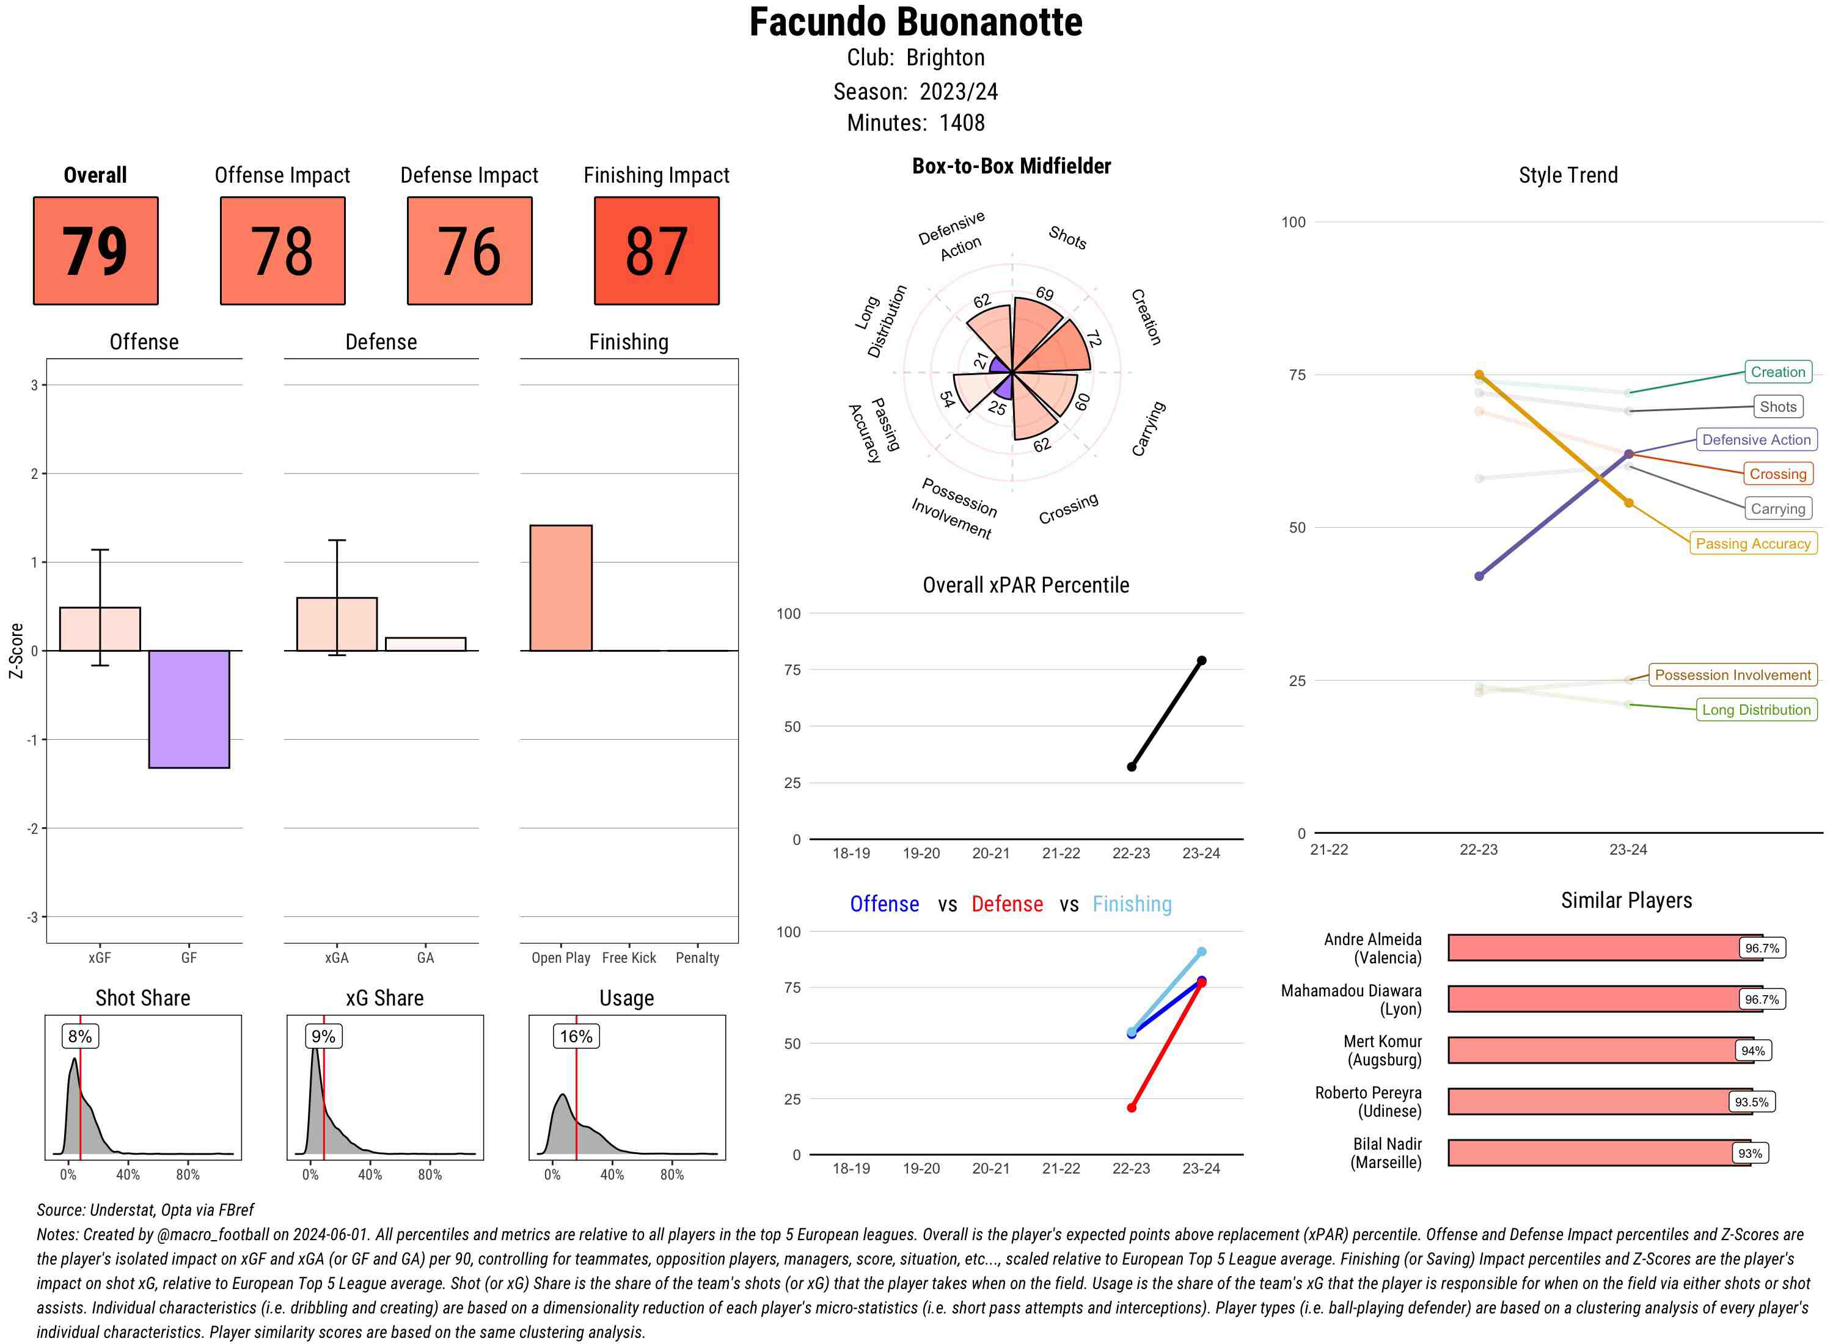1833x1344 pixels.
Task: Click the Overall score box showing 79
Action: click(x=95, y=250)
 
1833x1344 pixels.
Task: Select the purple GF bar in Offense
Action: click(x=189, y=709)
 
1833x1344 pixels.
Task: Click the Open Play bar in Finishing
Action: click(x=560, y=588)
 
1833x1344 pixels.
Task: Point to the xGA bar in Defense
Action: click(x=337, y=624)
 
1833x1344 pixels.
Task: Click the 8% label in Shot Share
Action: click(x=79, y=1035)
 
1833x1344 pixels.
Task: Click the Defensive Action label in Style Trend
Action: click(x=1756, y=439)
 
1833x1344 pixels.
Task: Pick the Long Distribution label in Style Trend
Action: click(x=1756, y=709)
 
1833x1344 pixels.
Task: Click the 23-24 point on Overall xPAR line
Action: click(x=1201, y=660)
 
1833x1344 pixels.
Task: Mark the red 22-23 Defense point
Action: click(x=1131, y=1107)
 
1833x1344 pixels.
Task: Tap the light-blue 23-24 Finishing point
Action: click(x=1201, y=952)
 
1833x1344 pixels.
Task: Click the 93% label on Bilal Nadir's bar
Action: click(x=1749, y=1153)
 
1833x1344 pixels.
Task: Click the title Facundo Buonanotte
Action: click(x=915, y=23)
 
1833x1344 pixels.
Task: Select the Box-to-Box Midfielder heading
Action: click(x=1011, y=166)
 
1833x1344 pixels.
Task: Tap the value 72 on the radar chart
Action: click(x=1092, y=338)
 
